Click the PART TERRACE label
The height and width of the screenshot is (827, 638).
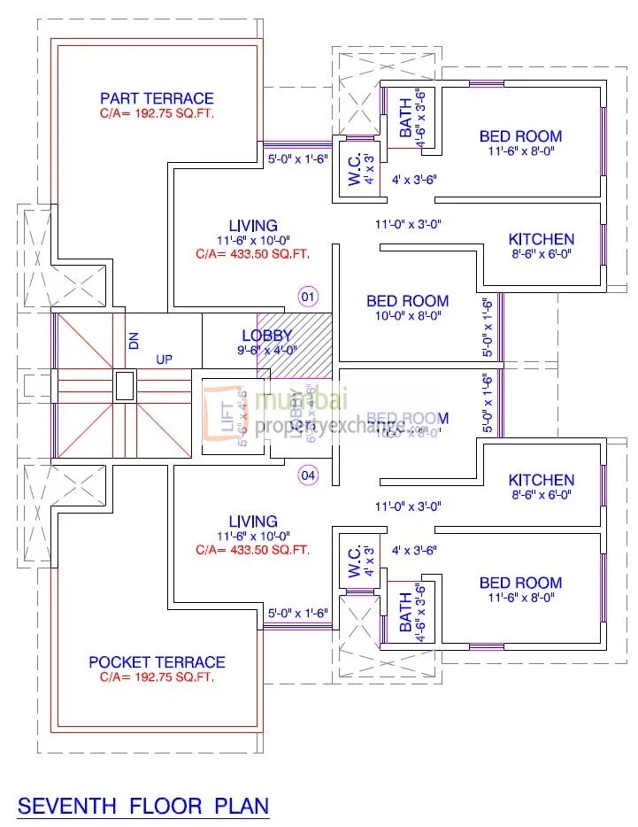tap(157, 98)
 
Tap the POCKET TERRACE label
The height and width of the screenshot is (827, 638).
tap(157, 662)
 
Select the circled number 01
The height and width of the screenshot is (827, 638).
tap(308, 296)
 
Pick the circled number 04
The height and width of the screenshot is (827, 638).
tap(308, 475)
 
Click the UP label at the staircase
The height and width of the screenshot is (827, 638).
tap(165, 360)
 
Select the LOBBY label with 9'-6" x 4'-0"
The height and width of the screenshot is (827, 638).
tap(266, 336)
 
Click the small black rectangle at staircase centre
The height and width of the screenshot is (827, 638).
tap(125, 385)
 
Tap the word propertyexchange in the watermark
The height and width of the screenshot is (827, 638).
tap(336, 426)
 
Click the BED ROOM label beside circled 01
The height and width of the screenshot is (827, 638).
tap(407, 301)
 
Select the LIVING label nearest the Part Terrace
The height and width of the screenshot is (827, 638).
tap(252, 226)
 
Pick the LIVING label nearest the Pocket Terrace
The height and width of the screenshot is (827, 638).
tap(252, 522)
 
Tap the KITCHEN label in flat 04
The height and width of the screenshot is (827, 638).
tap(541, 480)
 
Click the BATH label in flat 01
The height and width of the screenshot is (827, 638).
tap(406, 119)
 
